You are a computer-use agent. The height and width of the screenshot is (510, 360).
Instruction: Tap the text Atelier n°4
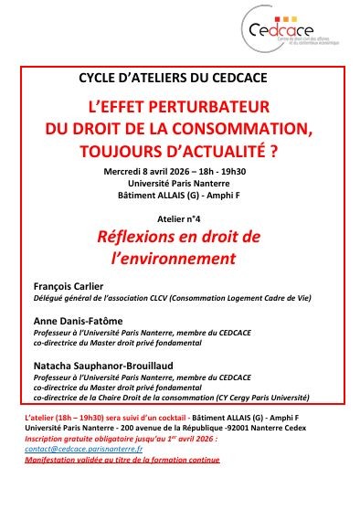click(179, 219)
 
